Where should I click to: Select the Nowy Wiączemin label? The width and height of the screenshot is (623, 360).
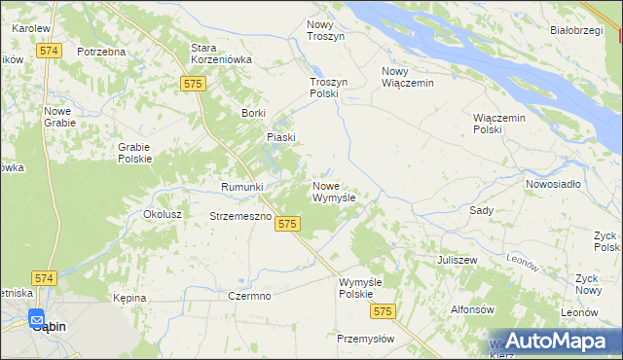(x=407, y=77)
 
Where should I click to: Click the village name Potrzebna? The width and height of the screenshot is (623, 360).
(x=102, y=51)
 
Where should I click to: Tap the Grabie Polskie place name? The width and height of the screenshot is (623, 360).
(x=134, y=153)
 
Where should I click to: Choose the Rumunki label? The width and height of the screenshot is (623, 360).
(x=242, y=187)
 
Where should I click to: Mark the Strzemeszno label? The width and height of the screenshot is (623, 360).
(x=239, y=216)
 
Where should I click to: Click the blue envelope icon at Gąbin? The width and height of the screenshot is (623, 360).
(x=37, y=317)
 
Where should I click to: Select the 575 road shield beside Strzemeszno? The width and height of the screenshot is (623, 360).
(x=285, y=224)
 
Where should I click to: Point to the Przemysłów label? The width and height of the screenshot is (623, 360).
(x=365, y=339)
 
